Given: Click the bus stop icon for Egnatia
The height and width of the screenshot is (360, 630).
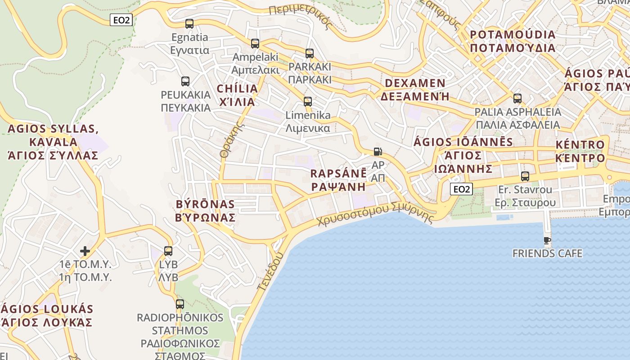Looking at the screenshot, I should tap(189, 24).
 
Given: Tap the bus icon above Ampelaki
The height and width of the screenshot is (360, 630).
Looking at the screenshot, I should tap(255, 44).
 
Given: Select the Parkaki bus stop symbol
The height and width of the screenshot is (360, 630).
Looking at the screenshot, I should tap(310, 54).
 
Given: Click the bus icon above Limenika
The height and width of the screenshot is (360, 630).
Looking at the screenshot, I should tap(308, 101).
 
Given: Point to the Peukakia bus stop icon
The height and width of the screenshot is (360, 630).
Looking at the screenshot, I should tap(185, 81).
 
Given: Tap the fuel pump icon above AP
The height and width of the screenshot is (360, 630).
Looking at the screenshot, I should tap(378, 152).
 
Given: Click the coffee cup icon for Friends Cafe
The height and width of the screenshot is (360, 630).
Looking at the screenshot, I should tap(547, 241).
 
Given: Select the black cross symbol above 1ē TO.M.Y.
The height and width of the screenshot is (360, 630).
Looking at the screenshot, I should tap(85, 251).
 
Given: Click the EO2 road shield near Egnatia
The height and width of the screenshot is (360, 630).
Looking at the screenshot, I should tap(121, 20).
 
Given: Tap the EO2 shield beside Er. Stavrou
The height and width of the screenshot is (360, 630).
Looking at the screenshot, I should tap(461, 189).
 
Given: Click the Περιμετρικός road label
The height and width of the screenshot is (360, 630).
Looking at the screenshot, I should tap(302, 17).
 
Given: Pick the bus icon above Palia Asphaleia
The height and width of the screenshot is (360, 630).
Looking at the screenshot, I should tap(517, 99).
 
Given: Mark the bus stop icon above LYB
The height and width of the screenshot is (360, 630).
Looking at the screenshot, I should tap(168, 251).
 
